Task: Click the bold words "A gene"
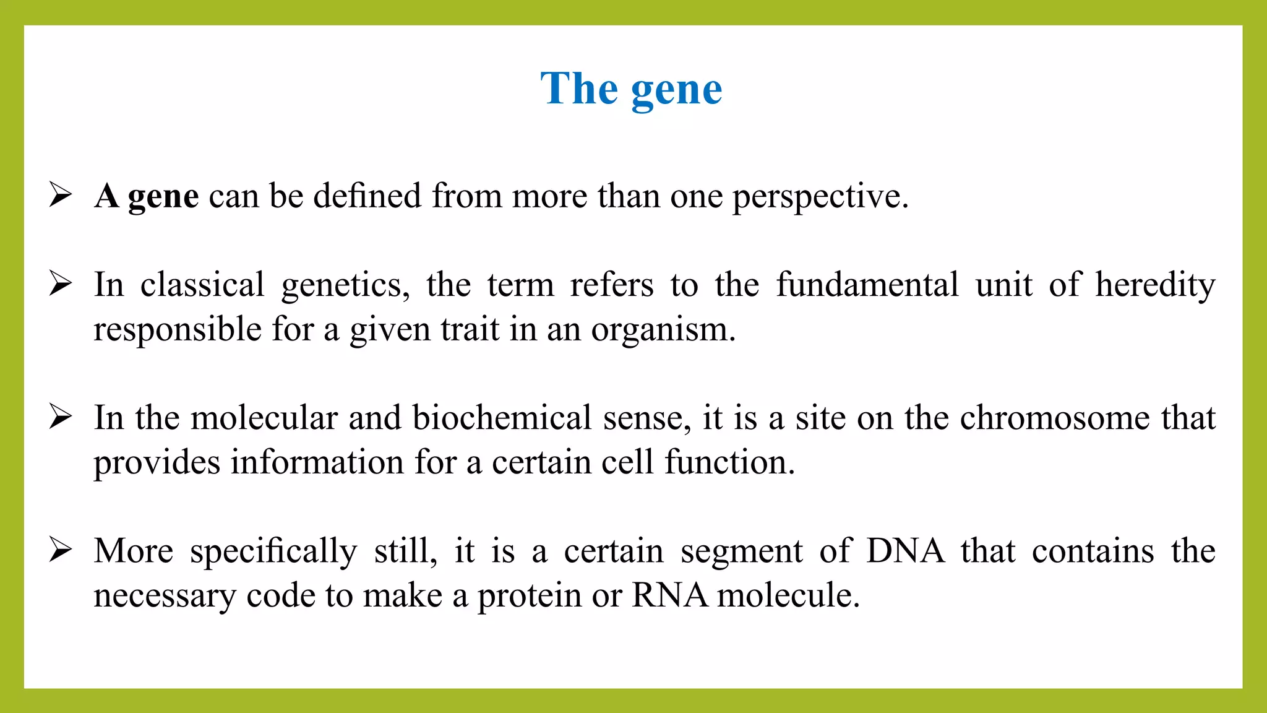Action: (x=147, y=196)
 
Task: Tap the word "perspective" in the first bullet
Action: (x=819, y=197)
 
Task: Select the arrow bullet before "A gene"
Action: (x=61, y=195)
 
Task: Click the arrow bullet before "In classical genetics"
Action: (x=61, y=284)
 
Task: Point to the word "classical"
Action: (x=202, y=285)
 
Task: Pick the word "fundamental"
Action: (x=867, y=285)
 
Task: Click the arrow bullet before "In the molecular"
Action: (x=61, y=417)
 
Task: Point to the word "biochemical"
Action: (x=502, y=418)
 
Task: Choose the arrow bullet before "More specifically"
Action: (x=61, y=550)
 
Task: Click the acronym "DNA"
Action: (x=905, y=551)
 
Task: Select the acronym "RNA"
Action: (x=669, y=595)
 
